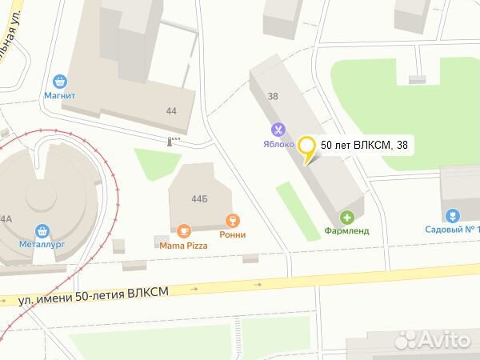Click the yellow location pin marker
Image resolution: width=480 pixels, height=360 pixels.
[x=306, y=149]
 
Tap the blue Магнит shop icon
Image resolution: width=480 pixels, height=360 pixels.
[x=59, y=81]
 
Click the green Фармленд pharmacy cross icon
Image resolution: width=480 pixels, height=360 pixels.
[x=347, y=216]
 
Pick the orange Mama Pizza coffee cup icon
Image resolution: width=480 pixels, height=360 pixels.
[x=184, y=231]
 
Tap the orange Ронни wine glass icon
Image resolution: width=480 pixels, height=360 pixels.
[x=233, y=219]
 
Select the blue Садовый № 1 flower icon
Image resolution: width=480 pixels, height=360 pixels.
[x=452, y=215]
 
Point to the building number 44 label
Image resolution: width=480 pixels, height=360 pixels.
[x=171, y=111]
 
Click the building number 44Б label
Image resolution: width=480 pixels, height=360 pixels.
[x=198, y=194]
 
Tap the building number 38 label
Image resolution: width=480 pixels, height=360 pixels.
[x=273, y=96]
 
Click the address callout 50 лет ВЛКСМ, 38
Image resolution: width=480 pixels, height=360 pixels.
[x=363, y=145]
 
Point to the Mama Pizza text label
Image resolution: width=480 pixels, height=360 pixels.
[x=184, y=246]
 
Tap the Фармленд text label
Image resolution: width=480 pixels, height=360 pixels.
[x=346, y=231]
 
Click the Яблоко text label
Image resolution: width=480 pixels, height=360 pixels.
[x=277, y=145]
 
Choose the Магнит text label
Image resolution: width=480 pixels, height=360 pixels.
[x=59, y=96]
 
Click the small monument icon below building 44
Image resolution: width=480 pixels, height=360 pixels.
[x=169, y=141]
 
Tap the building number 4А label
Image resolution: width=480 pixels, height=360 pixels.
[x=6, y=218]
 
